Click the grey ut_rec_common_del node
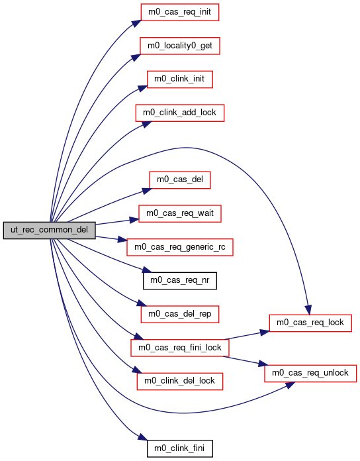tap(50, 230)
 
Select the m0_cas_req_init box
tap(180, 12)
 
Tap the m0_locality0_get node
tap(180, 46)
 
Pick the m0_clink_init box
tap(180, 79)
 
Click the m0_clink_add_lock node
tap(180, 113)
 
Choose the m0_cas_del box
tap(180, 179)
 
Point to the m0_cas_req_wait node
tap(180, 213)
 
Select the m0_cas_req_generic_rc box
tap(180, 247)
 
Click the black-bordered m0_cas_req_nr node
tap(180, 280)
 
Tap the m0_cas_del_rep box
tap(180, 314)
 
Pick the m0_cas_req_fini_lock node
tap(180, 348)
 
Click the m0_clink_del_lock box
tap(180, 382)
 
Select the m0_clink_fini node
tap(180, 448)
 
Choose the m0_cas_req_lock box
tap(310, 323)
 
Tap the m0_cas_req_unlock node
tap(310, 374)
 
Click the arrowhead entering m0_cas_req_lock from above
tap(308, 310)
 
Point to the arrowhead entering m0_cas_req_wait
tap(134, 220)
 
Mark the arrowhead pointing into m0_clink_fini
tap(143, 437)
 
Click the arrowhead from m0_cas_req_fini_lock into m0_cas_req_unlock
tap(263, 364)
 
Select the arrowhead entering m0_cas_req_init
tap(136, 24)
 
